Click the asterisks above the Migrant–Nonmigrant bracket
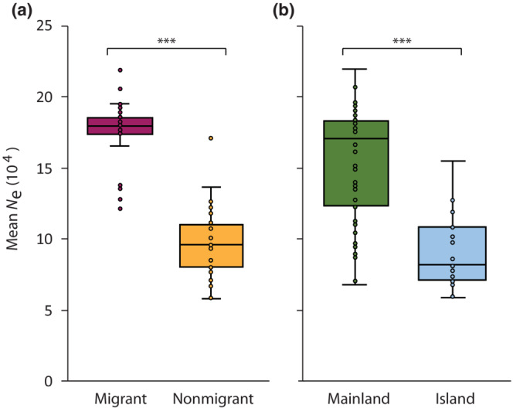coord(165,41)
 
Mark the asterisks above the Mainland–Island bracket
coord(401,41)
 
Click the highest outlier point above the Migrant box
coord(121,70)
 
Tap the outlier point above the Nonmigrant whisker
coord(211,138)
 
